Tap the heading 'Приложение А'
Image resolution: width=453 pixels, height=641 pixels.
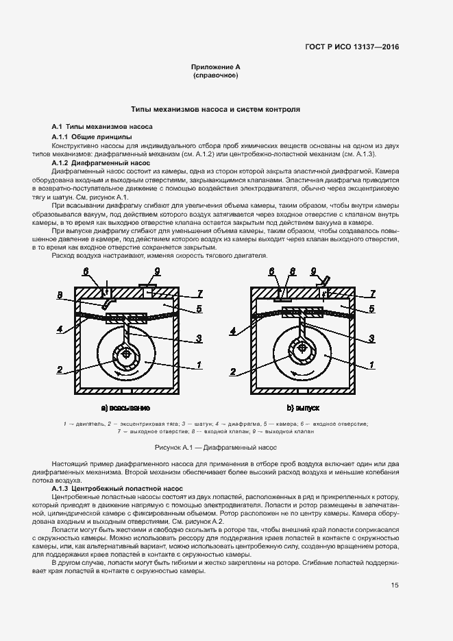coord(216,66)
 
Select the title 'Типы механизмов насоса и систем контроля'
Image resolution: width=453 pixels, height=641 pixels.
coord(216,109)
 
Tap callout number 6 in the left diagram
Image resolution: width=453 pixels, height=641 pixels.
coord(86,271)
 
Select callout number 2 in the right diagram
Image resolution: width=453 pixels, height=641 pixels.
coord(233,372)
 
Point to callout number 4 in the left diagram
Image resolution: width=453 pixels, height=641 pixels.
coord(60,330)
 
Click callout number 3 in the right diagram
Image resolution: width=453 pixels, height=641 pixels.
coord(371,338)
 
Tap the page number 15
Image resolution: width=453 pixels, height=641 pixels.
coord(395,585)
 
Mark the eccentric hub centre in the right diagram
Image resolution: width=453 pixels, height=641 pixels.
coord(302,348)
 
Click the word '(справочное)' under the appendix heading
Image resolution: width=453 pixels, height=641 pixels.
coord(216,75)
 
